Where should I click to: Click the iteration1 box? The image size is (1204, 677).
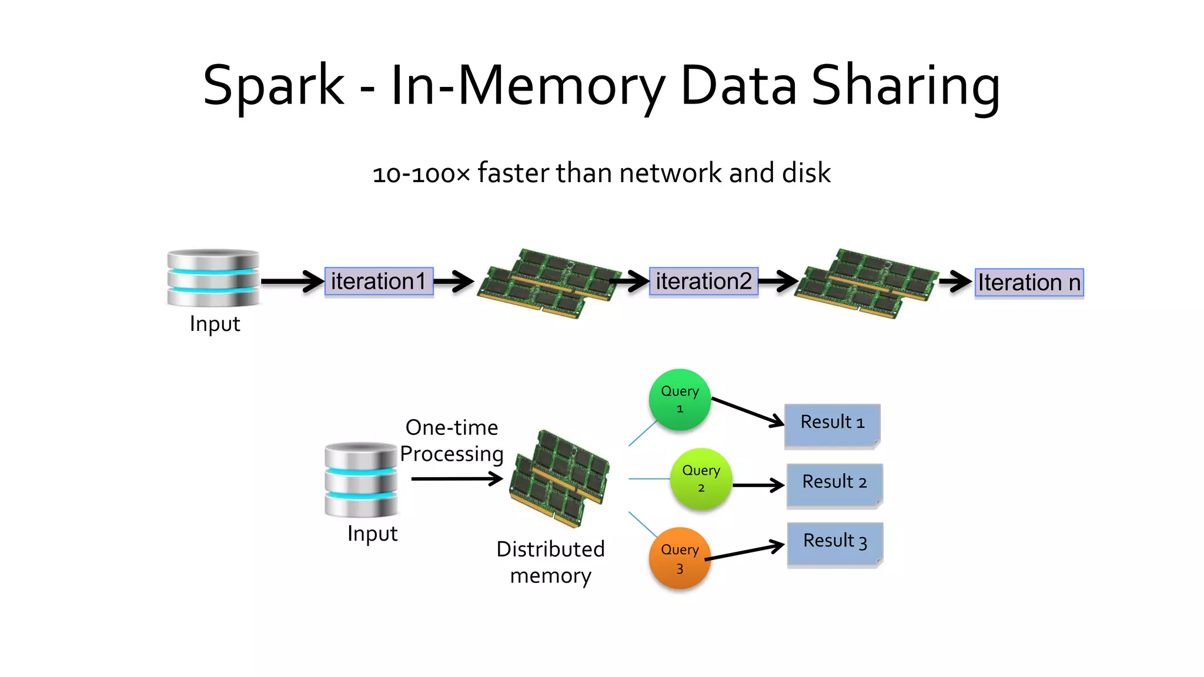(379, 281)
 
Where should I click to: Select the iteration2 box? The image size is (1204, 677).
(703, 281)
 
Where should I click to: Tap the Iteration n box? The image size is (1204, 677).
(1029, 283)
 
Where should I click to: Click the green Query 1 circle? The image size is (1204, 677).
(680, 400)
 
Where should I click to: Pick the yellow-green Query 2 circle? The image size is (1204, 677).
(701, 478)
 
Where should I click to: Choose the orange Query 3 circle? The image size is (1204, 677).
(680, 558)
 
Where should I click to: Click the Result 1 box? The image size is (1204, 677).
(832, 424)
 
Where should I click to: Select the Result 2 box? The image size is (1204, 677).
(834, 484)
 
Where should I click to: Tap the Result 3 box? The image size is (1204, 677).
(834, 543)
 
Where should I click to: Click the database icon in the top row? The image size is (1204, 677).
(213, 278)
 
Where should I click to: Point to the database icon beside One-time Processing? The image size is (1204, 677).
(361, 480)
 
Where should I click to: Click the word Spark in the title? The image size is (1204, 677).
(273, 86)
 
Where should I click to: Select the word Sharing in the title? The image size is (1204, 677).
(905, 87)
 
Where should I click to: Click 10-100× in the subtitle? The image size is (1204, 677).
(422, 174)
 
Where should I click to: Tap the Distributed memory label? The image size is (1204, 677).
(550, 562)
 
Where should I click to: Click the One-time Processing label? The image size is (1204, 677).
(451, 441)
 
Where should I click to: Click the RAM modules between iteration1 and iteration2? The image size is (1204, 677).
(548, 283)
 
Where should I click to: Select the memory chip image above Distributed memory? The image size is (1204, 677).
(560, 477)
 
